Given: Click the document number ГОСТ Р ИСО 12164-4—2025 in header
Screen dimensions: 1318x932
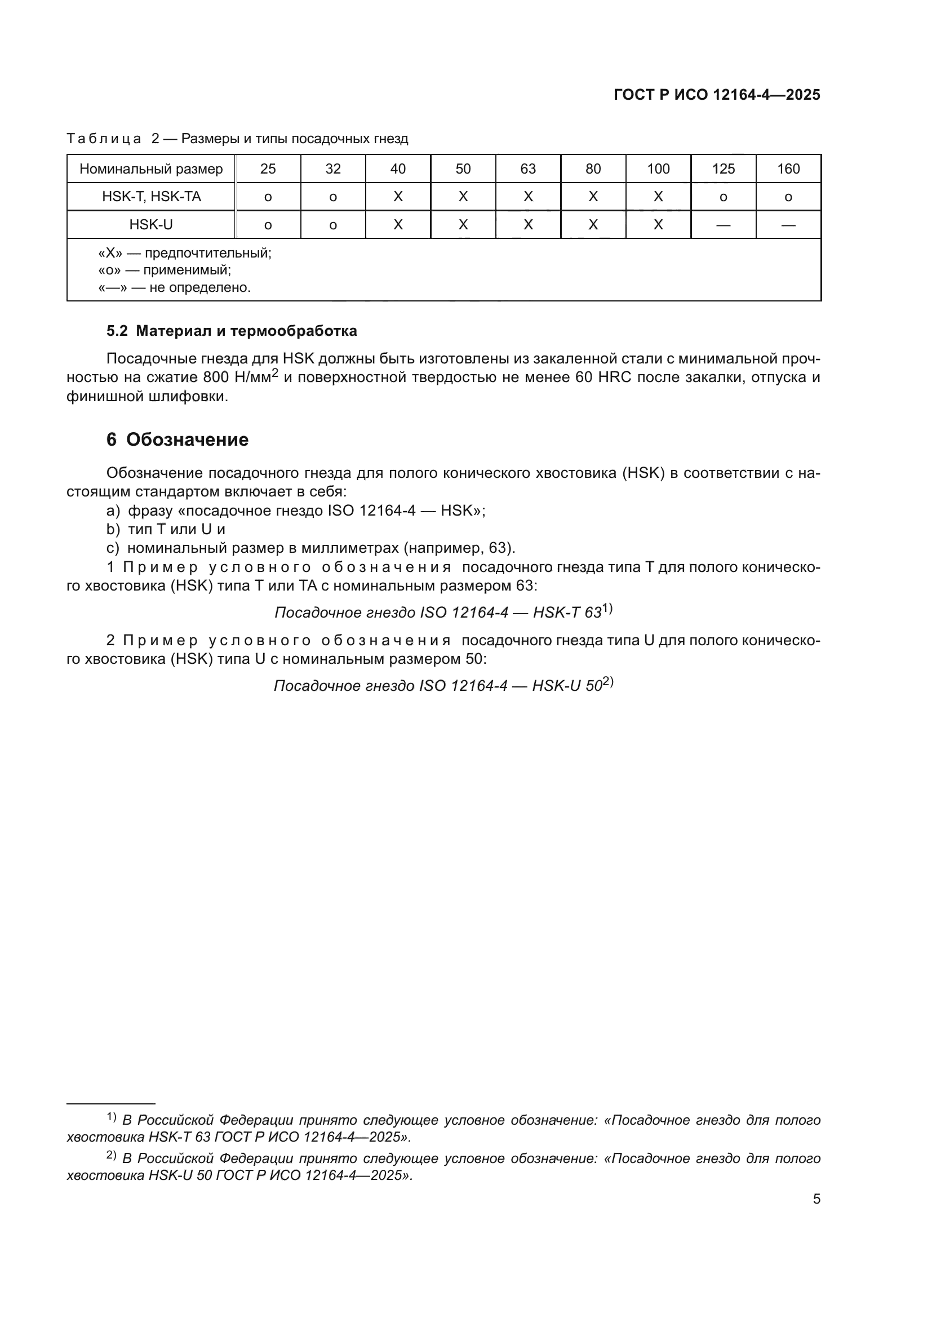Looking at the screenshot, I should click(x=717, y=95).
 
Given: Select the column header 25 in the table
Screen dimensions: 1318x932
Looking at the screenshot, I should click(x=268, y=169).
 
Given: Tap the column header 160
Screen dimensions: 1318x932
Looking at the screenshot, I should click(x=788, y=169).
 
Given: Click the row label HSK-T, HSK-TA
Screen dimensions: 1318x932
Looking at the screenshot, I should click(x=152, y=197).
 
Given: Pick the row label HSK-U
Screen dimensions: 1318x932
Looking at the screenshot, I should click(x=151, y=224).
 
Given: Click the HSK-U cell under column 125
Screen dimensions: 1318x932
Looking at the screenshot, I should click(x=723, y=225).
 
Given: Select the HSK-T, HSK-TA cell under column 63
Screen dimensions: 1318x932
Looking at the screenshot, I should click(x=528, y=197).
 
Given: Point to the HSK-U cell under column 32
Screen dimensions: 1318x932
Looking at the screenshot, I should click(x=333, y=225).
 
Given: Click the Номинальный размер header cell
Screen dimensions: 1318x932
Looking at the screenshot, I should click(x=151, y=169).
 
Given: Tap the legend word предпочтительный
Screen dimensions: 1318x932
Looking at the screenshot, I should click(x=208, y=253).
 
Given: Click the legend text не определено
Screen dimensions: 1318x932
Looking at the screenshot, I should click(x=199, y=287).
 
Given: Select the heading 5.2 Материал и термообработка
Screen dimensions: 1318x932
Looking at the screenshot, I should click(x=231, y=331).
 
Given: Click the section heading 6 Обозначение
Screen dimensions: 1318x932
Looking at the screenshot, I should click(x=177, y=440).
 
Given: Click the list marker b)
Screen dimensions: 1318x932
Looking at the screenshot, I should click(x=113, y=529).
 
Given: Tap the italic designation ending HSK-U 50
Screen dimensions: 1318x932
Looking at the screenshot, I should click(x=443, y=686).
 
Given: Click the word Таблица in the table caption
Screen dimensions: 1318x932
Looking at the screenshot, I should click(x=104, y=139).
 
